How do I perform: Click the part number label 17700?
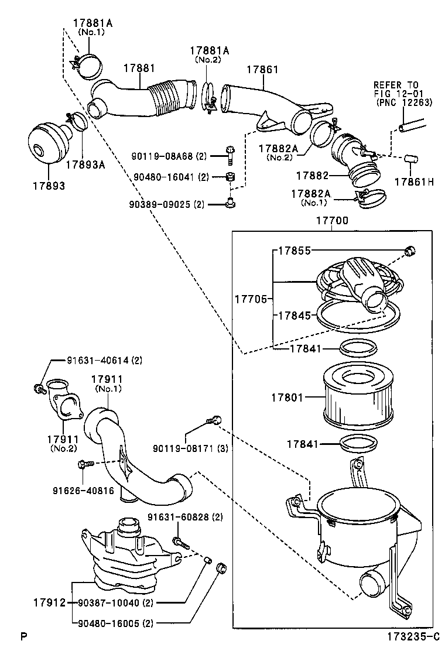(332, 221)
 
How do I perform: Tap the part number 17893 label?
(49, 186)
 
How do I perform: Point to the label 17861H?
(413, 182)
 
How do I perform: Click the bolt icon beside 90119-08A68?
(230, 155)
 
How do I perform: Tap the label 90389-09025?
(161, 204)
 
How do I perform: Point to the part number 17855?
(294, 251)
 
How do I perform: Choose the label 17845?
(294, 316)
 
